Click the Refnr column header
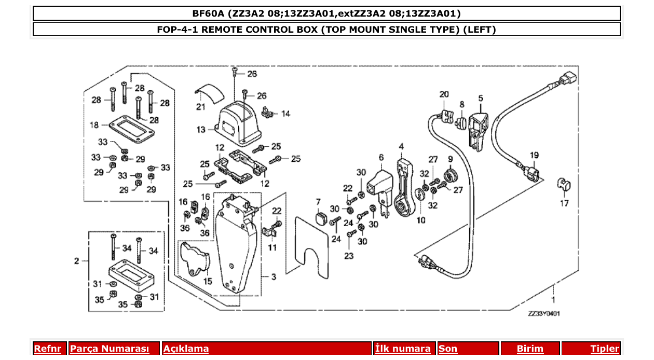tap(47, 349)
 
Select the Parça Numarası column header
tap(109, 349)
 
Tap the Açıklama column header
tap(186, 349)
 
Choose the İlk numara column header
tap(403, 349)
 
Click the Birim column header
tap(529, 349)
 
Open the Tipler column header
tap(605, 349)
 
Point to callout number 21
tap(201, 107)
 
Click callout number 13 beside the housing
tap(201, 130)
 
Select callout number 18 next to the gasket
tap(94, 125)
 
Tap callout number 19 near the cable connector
tap(534, 155)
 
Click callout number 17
tap(564, 203)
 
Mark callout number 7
tap(318, 201)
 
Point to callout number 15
tap(207, 282)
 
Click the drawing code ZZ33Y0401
tap(543, 314)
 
